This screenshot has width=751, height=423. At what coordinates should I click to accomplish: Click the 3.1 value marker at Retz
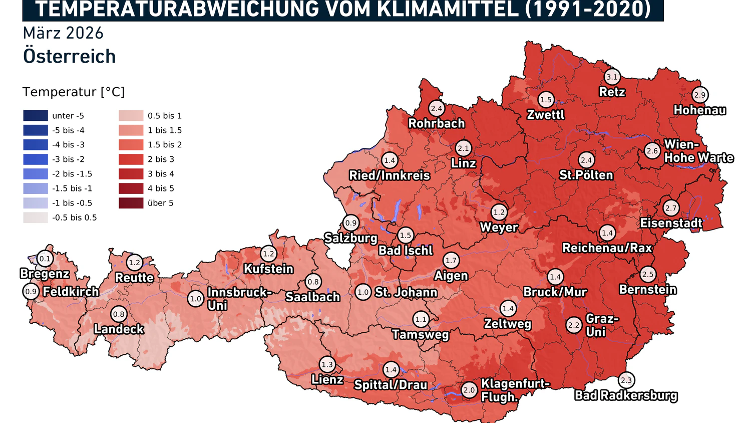tap(612, 77)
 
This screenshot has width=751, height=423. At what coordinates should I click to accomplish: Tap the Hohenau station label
tap(699, 110)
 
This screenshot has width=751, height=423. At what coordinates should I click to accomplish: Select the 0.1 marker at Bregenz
tap(45, 259)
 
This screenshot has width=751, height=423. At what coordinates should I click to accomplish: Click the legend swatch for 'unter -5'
tap(36, 116)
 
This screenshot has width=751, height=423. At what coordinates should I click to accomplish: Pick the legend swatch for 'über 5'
tap(131, 203)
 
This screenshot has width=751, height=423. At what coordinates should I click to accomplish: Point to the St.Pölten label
tap(586, 175)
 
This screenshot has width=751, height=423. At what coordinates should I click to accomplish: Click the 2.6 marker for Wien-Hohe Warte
tap(652, 151)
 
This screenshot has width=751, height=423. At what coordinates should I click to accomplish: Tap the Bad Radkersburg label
tap(626, 395)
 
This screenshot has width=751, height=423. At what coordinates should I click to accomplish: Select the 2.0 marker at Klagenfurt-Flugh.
tap(469, 390)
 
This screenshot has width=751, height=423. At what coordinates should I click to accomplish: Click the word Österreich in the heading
tap(70, 56)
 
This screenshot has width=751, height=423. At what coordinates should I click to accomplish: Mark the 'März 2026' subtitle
tap(63, 33)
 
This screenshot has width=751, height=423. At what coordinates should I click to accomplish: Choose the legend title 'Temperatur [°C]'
tap(74, 92)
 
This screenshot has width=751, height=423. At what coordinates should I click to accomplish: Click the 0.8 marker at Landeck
tap(119, 314)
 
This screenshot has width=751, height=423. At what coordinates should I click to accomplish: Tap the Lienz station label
tap(327, 380)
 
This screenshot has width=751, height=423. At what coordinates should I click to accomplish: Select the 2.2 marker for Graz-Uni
tap(574, 325)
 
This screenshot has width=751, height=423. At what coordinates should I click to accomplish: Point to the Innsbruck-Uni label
tap(239, 299)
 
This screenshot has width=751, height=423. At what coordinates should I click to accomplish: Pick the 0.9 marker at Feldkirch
tap(31, 291)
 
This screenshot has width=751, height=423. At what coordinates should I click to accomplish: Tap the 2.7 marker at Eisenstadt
tap(671, 208)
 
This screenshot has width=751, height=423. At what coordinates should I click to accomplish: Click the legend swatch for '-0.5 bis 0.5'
tap(36, 218)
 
